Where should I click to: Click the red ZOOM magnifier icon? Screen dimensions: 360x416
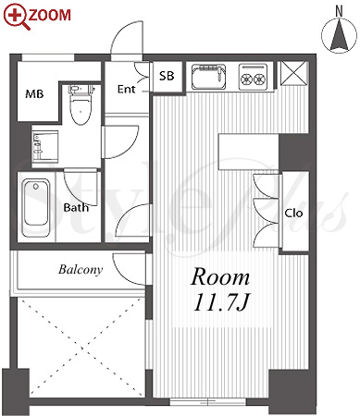17,17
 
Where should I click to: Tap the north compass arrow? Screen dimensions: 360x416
340,35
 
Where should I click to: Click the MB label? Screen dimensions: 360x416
34,93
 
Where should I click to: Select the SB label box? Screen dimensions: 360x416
167,76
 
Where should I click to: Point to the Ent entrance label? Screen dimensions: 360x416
127,90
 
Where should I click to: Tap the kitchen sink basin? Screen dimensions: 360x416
208,76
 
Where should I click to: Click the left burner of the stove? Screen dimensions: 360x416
247,80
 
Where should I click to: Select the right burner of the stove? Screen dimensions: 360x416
260,80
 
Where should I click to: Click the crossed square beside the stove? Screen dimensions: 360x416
293,73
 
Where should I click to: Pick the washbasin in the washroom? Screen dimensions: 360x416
45,145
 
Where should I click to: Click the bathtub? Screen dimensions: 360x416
36,207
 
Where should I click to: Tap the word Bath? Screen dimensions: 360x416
76,207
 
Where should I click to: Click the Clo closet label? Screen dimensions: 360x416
293,213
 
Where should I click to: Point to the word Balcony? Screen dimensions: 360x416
81,270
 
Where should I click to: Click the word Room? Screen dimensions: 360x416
220,277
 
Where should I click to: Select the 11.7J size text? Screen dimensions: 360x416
221,302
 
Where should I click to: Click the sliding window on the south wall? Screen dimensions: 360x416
208,402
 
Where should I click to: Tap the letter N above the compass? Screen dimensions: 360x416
340,11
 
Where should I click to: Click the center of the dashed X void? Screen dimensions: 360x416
82,348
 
